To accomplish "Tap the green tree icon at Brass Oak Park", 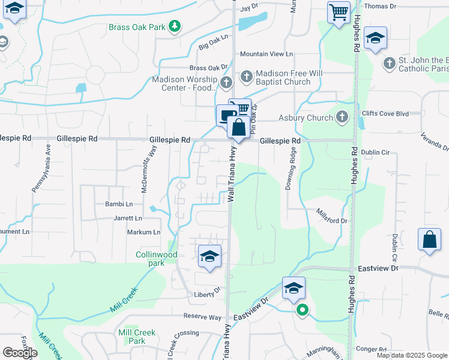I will click(175, 26).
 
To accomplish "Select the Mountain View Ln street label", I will click(266, 54).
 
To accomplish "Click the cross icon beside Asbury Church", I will click(342, 117).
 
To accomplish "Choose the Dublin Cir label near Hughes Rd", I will click(376, 152).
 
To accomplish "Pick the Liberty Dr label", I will click(208, 295).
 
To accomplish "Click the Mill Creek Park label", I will click(137, 337).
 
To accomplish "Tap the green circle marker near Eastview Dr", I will click(303, 310).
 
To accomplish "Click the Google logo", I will click(20, 353).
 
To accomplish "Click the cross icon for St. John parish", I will click(390, 63).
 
